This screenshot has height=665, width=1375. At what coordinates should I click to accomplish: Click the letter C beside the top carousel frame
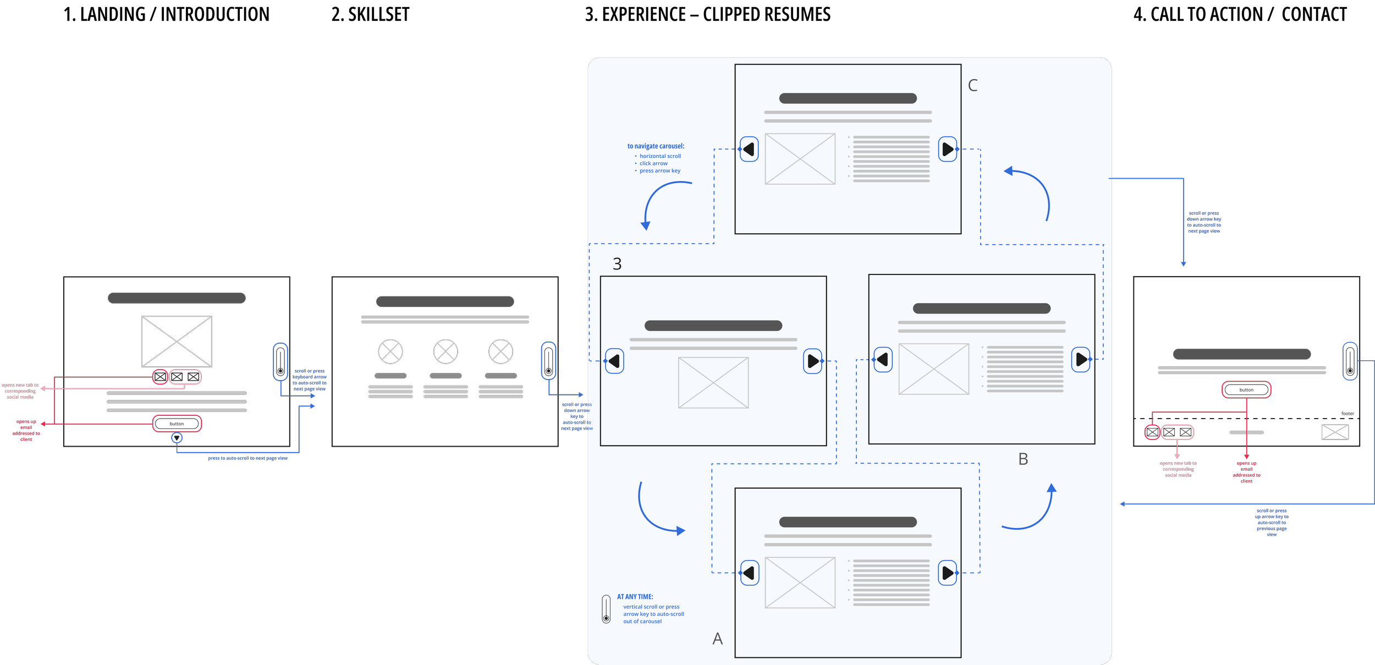(x=972, y=85)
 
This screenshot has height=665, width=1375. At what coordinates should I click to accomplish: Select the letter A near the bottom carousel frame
(x=717, y=639)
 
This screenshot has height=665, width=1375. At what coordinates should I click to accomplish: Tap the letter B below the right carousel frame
(x=1023, y=459)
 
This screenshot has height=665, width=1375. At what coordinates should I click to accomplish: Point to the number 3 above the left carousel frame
(x=617, y=264)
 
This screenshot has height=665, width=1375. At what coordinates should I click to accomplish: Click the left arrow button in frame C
(x=749, y=149)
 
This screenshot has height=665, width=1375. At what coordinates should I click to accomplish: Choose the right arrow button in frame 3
(x=812, y=361)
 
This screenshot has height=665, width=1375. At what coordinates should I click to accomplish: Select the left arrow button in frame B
(x=883, y=360)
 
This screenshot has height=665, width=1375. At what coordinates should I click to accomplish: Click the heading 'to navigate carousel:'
(x=656, y=146)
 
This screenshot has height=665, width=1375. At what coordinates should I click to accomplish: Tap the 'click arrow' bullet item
(x=653, y=163)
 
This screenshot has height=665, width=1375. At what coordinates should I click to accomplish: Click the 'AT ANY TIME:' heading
(x=635, y=597)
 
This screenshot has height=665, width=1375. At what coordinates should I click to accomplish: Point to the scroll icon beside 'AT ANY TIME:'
(x=606, y=609)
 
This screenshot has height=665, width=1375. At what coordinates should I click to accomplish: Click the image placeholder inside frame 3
(x=713, y=383)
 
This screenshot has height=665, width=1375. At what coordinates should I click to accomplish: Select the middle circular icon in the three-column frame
(x=446, y=351)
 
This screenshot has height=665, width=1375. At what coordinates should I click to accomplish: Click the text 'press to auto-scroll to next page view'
(x=248, y=458)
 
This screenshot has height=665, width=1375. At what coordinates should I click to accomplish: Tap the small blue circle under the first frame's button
(x=177, y=438)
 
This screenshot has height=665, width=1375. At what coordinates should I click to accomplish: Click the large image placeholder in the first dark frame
(x=177, y=342)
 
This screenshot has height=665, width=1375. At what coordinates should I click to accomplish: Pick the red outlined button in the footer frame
(x=1246, y=390)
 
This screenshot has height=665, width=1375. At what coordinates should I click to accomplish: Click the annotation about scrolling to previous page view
(x=1272, y=523)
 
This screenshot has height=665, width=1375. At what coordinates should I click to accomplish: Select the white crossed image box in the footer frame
(x=1335, y=432)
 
